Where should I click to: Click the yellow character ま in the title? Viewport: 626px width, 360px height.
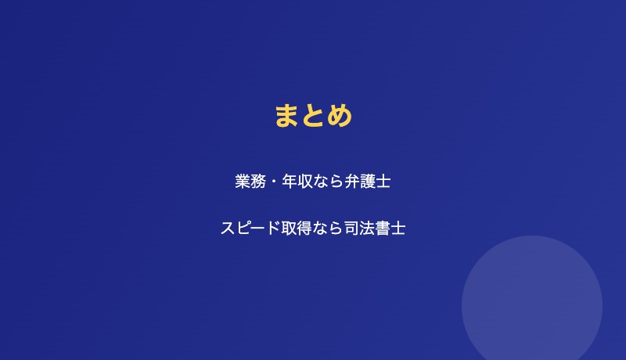pos(287,116)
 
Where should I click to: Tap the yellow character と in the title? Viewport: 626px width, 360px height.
pos(313,116)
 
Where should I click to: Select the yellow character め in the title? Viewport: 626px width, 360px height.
pos(340,116)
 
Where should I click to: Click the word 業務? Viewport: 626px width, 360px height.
pos(250,182)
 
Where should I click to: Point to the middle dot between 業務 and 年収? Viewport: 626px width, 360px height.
pos(274,182)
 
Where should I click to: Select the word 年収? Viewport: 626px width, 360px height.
pos(297,182)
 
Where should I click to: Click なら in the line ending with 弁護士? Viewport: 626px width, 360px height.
pos(329,182)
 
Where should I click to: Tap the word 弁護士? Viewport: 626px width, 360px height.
pos(368,182)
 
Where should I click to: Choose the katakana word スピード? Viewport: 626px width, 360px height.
pos(251,229)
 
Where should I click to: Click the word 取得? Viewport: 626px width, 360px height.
pos(297,229)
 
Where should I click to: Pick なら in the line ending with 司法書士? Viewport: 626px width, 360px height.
pos(328,229)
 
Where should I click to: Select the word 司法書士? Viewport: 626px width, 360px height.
pos(375,229)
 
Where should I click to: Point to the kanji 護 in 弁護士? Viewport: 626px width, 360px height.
pos(368,182)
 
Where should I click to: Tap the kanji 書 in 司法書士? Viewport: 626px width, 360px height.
pos(383,229)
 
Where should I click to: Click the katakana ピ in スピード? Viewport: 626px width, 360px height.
pos(243,229)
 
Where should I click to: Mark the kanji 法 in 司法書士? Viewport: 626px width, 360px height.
pos(367,229)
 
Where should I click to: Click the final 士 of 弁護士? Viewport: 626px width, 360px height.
pos(383,182)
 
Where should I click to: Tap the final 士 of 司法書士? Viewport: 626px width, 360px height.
pos(398,229)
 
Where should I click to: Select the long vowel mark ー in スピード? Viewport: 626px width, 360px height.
pos(259,229)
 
